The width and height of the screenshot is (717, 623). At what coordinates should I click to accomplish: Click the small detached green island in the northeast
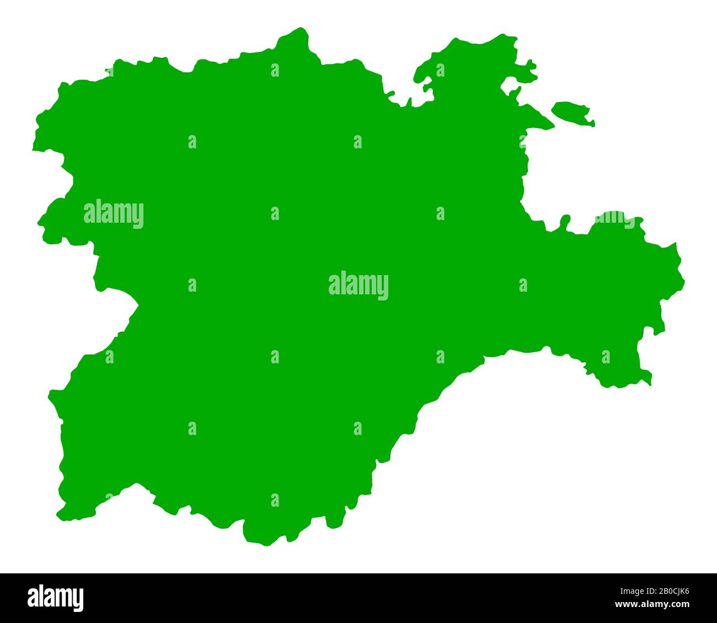pyautogui.click(x=572, y=112)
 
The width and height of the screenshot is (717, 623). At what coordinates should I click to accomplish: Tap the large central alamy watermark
pyautogui.click(x=358, y=286)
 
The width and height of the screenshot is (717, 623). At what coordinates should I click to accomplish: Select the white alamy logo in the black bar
pyautogui.click(x=56, y=598)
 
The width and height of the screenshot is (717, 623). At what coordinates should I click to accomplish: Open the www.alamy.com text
pyautogui.click(x=656, y=603)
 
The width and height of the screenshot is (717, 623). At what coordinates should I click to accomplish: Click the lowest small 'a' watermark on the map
pyautogui.click(x=275, y=500)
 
